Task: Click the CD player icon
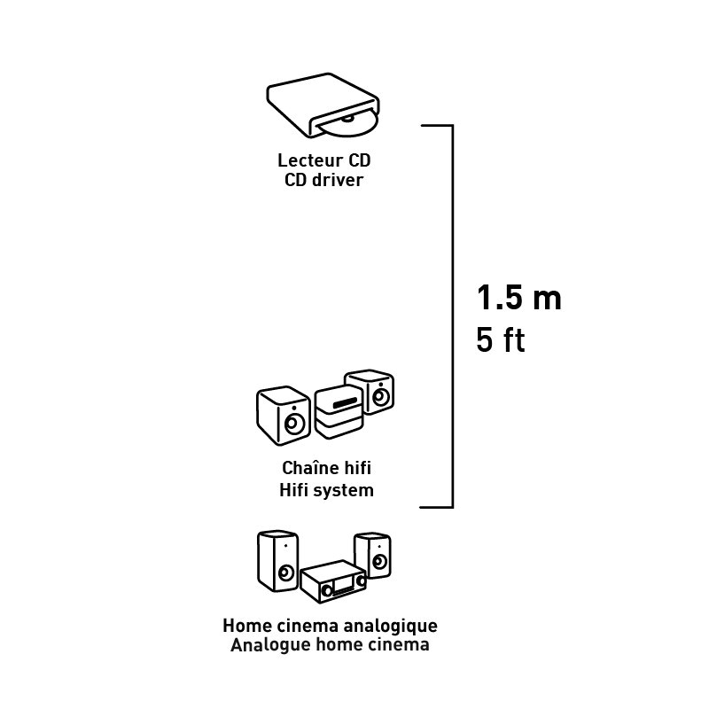click(323, 105)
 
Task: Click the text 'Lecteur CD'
click(323, 160)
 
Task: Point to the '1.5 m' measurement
click(519, 298)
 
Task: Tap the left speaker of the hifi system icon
click(284, 416)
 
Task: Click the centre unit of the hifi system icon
click(339, 413)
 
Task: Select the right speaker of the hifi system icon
click(370, 392)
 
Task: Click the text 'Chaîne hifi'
click(326, 468)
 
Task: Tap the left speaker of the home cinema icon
click(277, 561)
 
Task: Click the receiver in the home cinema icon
click(333, 582)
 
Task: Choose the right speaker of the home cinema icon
click(372, 555)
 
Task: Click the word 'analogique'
click(391, 627)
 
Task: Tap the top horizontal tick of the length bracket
click(437, 125)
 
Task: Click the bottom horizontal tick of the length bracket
click(436, 507)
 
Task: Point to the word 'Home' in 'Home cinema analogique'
click(246, 627)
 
